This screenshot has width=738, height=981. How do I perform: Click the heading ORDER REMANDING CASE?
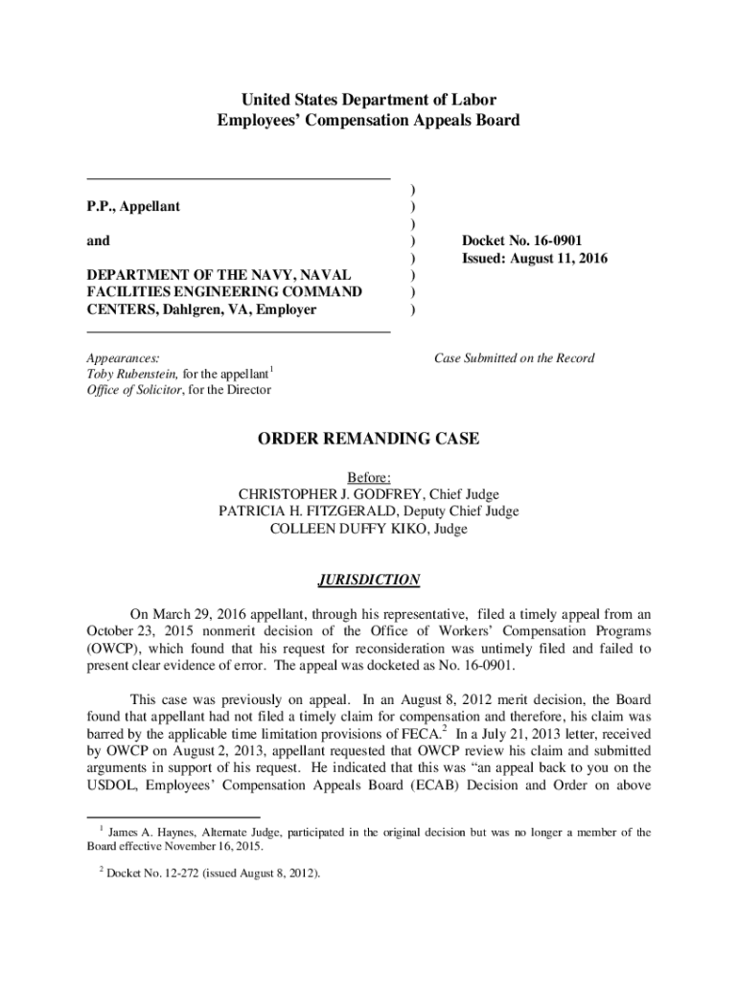click(368, 440)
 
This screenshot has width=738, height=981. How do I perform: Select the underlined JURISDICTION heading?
click(368, 580)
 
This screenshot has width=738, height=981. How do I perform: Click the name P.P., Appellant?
click(133, 206)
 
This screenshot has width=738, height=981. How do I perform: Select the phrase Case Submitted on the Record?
click(514, 358)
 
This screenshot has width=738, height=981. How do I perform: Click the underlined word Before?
click(368, 477)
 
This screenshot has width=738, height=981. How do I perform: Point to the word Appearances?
click(124, 357)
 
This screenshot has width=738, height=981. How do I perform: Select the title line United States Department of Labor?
click(368, 100)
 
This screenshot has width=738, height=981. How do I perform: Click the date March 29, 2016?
click(201, 614)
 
